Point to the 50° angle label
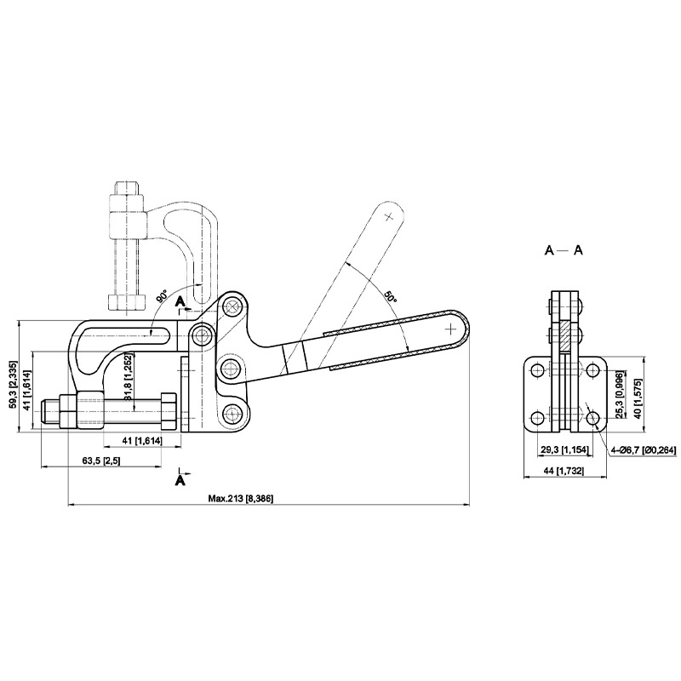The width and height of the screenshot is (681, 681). [x=390, y=297]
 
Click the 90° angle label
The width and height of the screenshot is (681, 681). [x=162, y=297]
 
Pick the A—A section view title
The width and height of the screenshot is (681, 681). [x=564, y=250]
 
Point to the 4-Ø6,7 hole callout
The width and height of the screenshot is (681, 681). [x=644, y=450]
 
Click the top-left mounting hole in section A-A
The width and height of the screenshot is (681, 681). [x=538, y=370]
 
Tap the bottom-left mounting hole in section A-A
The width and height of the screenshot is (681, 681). [x=538, y=418]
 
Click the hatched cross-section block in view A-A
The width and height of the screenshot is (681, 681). [x=564, y=335]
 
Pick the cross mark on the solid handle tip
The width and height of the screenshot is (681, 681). [x=451, y=329]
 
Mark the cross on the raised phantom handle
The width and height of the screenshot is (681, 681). [x=389, y=216]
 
